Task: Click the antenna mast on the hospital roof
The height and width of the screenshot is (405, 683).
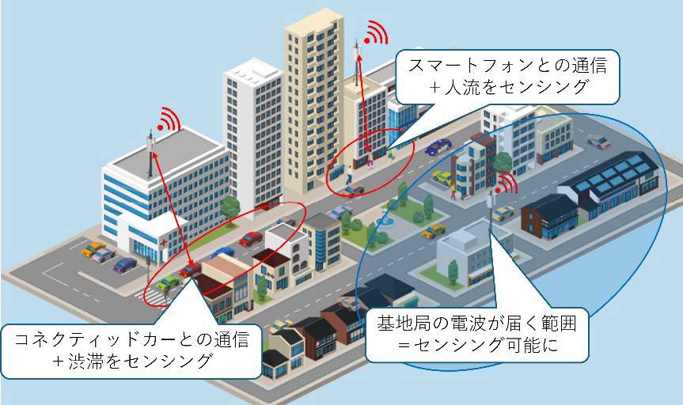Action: click(150, 153)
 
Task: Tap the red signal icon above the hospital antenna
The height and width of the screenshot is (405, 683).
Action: click(168, 120)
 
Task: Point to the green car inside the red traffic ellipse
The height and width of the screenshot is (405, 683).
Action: click(169, 282)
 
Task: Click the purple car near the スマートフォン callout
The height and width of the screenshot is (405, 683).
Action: click(438, 146)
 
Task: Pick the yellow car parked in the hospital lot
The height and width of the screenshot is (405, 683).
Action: click(95, 249)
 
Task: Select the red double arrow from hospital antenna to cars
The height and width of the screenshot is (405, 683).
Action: click(169, 210)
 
